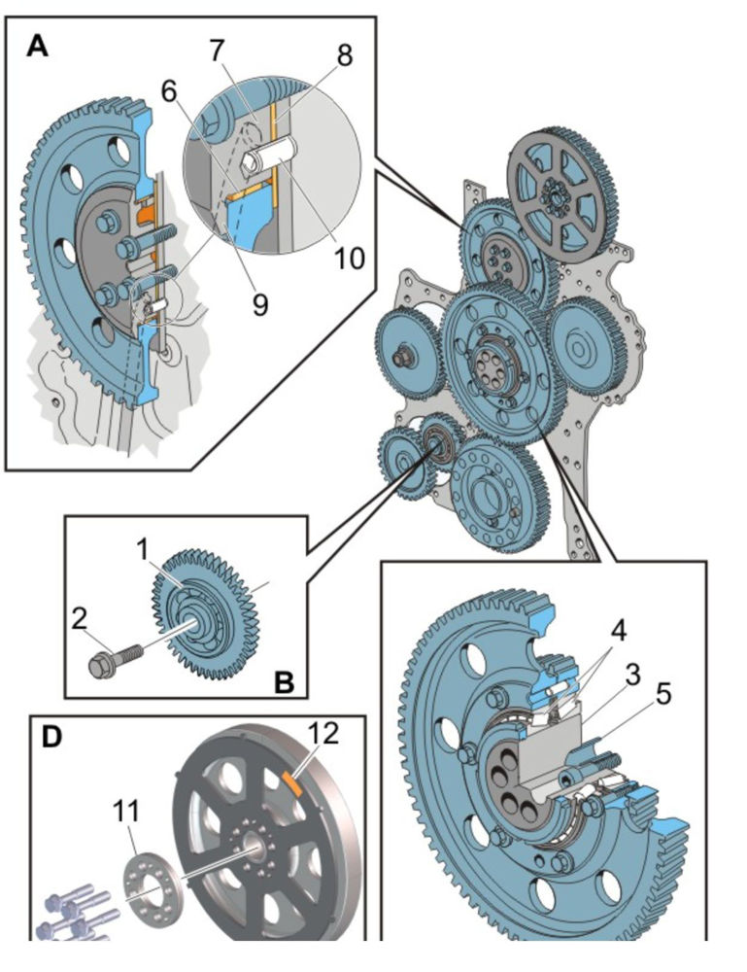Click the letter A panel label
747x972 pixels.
37,46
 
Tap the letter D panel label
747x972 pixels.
51,736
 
